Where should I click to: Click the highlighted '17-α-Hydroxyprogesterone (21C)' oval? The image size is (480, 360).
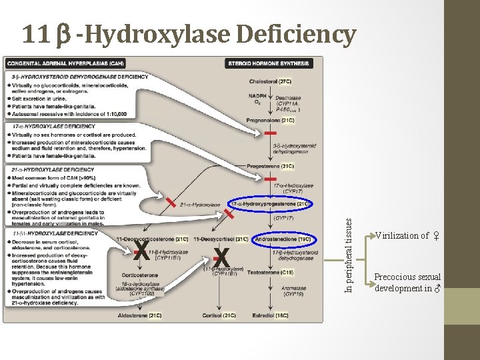(x=271, y=203)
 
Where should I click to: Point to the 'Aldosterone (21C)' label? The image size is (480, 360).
(x=139, y=315)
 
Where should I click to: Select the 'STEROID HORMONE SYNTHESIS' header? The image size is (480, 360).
(x=269, y=63)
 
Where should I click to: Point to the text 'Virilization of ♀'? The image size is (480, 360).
(x=407, y=235)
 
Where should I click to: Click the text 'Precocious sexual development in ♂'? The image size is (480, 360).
(x=407, y=283)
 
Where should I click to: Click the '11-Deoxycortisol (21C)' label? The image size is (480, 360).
(x=221, y=239)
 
